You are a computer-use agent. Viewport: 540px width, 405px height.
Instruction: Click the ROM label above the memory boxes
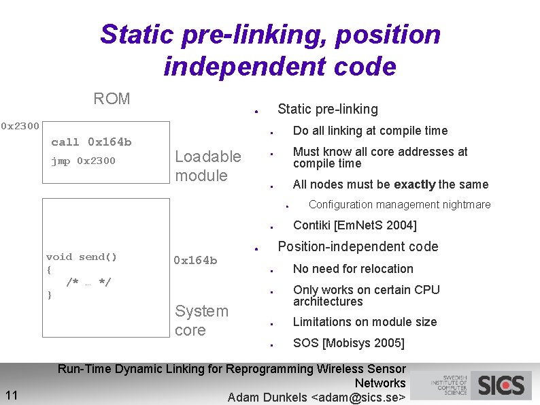point(112,99)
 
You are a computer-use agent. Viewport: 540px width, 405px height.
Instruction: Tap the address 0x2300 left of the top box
point(20,126)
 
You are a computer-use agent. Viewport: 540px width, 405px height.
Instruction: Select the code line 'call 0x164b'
point(91,142)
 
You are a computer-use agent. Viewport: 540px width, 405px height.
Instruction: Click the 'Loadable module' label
point(207,166)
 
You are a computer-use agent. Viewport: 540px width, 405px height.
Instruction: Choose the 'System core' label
point(201,321)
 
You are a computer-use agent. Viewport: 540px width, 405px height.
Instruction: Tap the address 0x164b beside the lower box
point(195,261)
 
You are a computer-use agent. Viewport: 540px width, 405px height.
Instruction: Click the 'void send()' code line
point(82,257)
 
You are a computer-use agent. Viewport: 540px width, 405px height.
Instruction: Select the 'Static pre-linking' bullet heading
point(328,109)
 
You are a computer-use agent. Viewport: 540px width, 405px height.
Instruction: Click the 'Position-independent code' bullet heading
point(358,246)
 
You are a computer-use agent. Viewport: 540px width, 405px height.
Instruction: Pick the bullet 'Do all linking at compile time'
point(370,131)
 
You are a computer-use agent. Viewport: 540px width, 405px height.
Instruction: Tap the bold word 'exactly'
point(415,184)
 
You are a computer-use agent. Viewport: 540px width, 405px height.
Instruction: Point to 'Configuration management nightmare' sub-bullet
point(399,205)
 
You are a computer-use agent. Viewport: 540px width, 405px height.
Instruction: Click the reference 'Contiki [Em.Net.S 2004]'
point(354,225)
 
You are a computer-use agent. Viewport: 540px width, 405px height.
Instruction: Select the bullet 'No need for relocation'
point(353,269)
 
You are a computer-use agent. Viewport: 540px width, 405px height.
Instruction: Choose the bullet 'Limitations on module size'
point(365,322)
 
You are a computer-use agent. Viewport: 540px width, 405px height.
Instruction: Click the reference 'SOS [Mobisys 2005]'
point(348,343)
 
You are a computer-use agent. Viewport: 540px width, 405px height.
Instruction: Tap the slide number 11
point(12,395)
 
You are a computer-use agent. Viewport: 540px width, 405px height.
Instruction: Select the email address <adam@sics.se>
point(358,398)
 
